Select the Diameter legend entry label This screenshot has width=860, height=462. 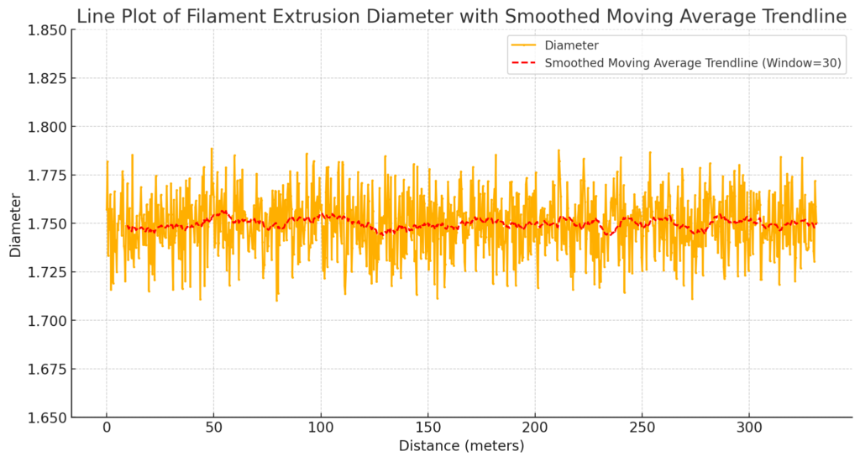[571, 45]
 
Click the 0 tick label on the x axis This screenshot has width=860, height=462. [106, 428]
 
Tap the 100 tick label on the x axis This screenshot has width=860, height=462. [320, 428]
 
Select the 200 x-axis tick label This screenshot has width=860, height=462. [535, 428]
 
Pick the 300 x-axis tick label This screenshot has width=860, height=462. [749, 428]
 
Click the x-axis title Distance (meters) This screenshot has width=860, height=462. [461, 445]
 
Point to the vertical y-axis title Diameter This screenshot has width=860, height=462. [15, 223]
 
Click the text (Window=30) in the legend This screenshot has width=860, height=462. [806, 63]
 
